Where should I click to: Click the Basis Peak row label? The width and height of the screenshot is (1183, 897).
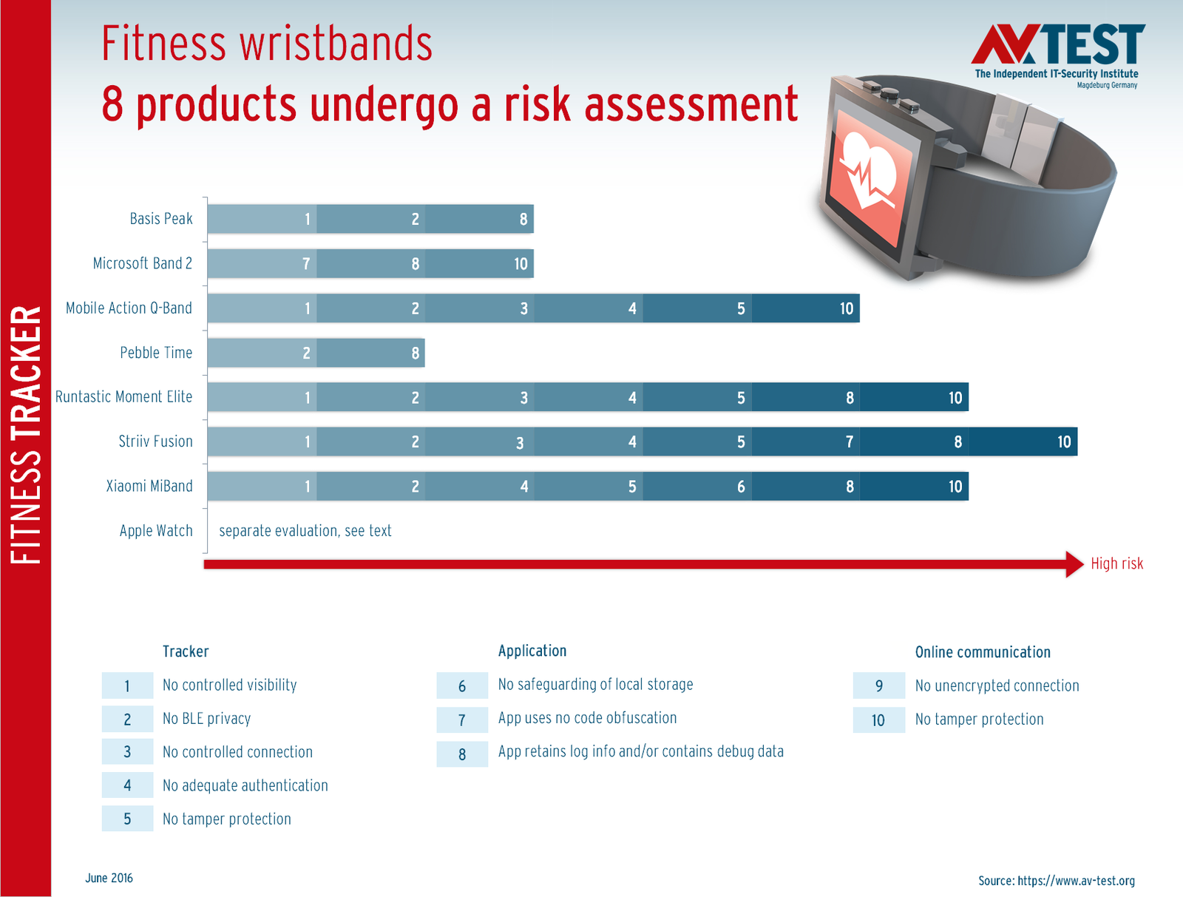point(160,218)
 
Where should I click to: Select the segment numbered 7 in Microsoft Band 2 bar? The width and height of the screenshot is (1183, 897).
point(262,263)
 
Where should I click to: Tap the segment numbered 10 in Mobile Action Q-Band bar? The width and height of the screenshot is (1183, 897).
point(806,308)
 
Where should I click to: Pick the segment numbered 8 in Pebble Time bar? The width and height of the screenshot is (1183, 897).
point(371,353)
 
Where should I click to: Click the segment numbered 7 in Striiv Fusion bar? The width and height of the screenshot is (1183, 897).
point(806,442)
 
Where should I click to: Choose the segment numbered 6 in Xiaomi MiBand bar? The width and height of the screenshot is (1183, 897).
point(697,487)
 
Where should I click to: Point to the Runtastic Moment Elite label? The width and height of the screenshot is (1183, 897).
point(123,397)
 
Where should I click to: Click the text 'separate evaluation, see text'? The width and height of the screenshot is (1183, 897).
point(305,531)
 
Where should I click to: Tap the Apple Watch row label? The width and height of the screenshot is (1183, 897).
point(156,531)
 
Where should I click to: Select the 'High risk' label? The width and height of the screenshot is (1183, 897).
point(1116,563)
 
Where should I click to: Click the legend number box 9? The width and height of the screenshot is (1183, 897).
point(878,686)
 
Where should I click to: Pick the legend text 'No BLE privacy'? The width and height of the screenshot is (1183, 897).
point(206,719)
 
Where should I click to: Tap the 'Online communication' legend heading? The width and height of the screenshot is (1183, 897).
point(983,652)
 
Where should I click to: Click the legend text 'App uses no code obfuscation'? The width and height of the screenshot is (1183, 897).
point(587,718)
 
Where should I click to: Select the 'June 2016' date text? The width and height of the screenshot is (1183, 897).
point(109,878)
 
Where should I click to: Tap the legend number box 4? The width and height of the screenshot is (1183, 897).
point(127,785)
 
